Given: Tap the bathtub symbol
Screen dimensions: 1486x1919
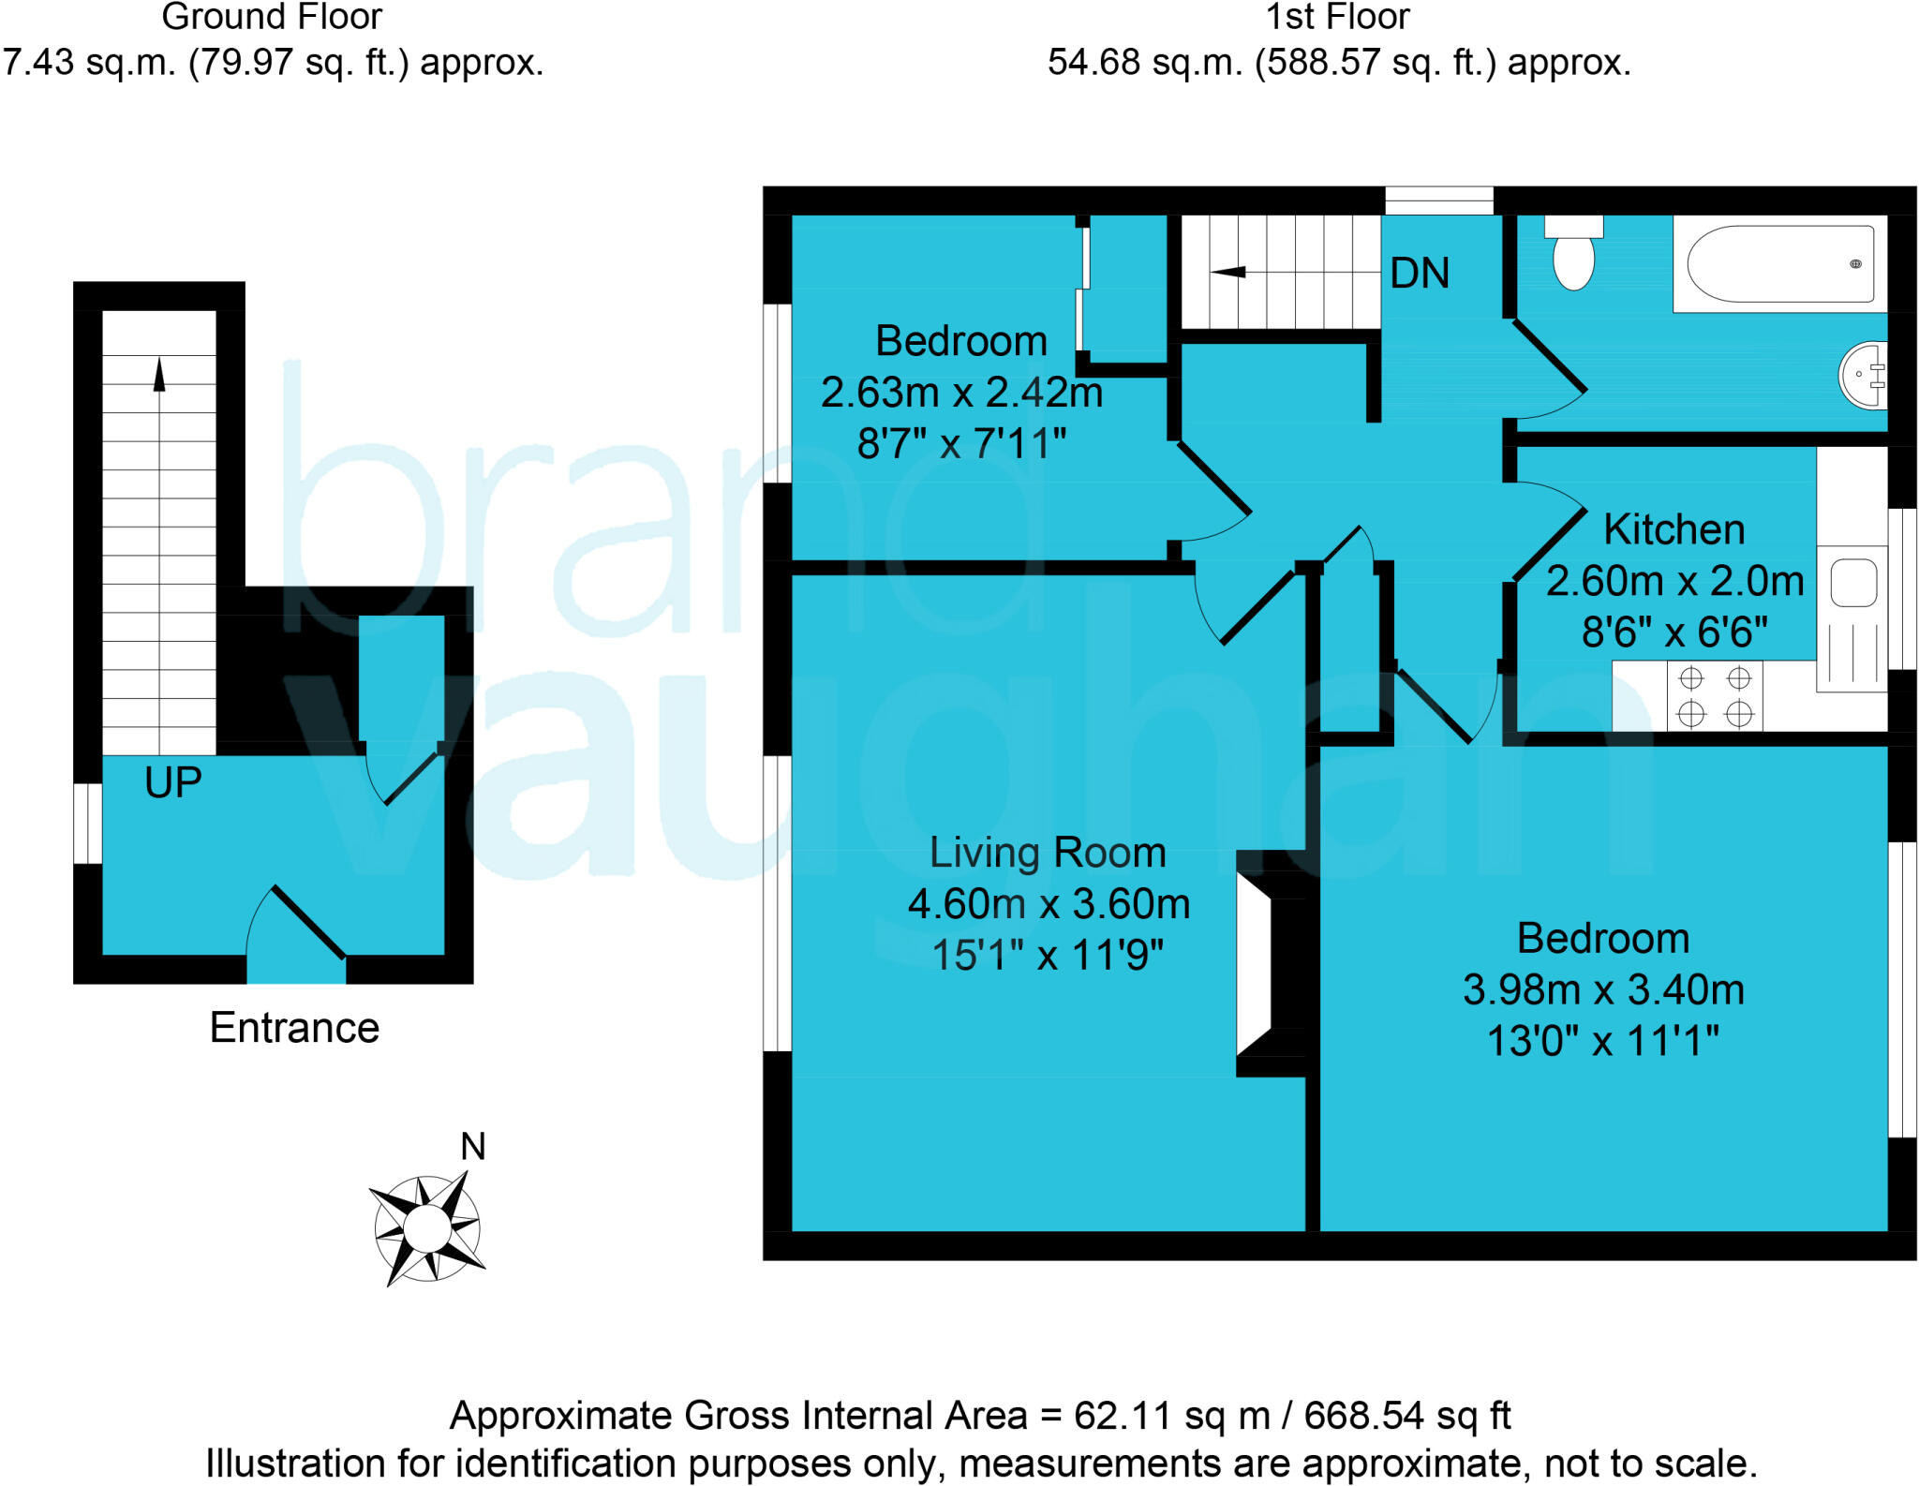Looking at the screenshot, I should (x=1779, y=264).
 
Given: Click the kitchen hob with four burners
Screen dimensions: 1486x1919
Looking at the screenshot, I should (x=1715, y=696).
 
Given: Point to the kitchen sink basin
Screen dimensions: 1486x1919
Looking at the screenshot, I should (x=1852, y=583).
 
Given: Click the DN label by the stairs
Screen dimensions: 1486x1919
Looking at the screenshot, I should (x=1420, y=274).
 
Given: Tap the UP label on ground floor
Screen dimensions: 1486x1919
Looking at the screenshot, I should (x=173, y=782).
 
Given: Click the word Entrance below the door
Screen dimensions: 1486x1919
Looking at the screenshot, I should (x=294, y=1028).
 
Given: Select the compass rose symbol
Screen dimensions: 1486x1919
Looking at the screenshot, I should (x=427, y=1227).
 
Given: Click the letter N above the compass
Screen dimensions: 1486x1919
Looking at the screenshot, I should (x=473, y=1147).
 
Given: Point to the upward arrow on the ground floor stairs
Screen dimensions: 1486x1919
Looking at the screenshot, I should (x=159, y=375).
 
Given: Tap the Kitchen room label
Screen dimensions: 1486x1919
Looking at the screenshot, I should (x=1674, y=529).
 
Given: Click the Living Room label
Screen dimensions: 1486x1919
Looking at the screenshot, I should (x=1048, y=853).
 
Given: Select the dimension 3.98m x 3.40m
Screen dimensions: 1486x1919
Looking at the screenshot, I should (x=1603, y=989).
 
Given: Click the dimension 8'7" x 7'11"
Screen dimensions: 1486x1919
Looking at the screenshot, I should (x=962, y=443).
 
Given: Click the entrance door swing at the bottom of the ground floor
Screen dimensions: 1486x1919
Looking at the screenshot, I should (x=298, y=928).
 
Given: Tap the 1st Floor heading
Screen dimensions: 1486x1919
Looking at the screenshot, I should (x=1338, y=17).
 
